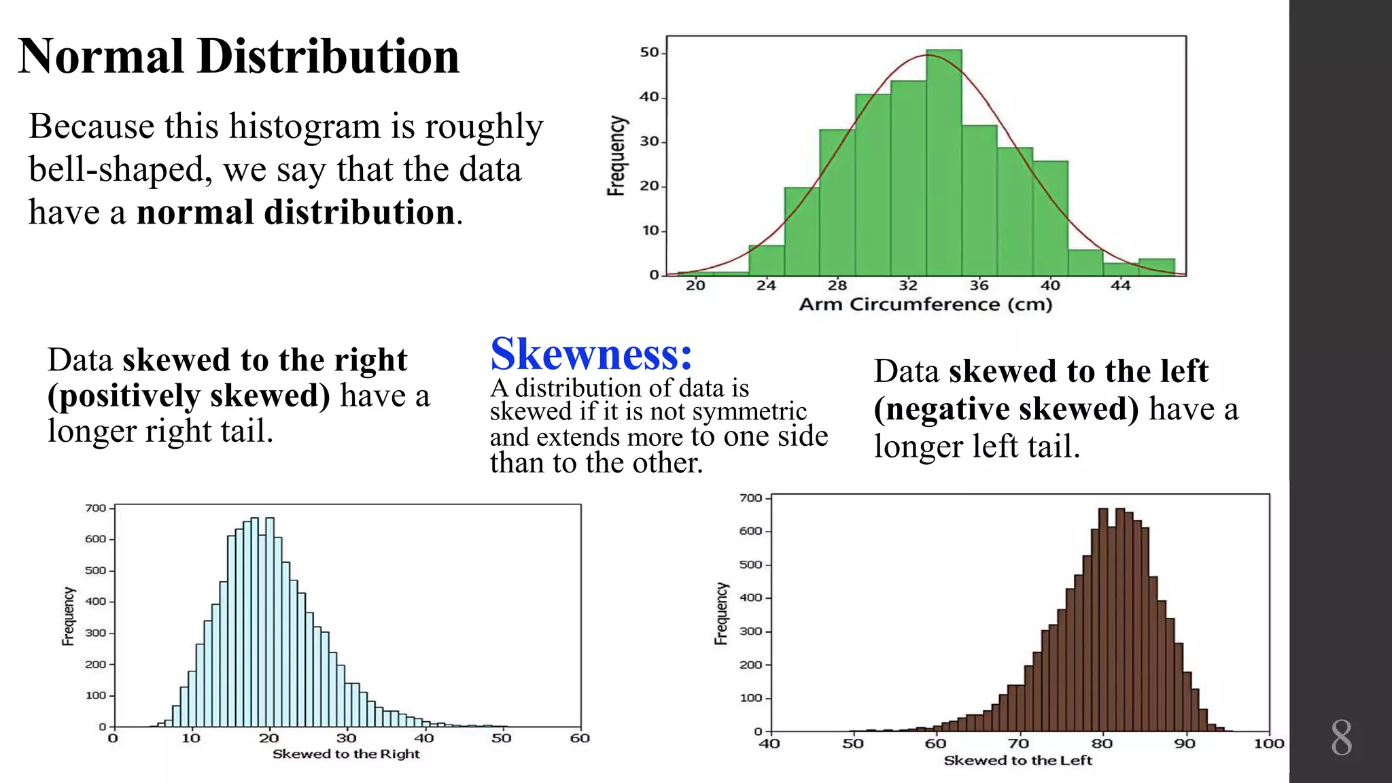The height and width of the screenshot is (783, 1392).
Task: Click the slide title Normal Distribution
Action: pos(239,56)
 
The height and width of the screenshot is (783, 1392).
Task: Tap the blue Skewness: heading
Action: pos(591,354)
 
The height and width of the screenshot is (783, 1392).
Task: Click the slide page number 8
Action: pos(1341,738)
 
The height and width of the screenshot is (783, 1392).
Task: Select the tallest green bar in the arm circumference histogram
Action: pos(943,163)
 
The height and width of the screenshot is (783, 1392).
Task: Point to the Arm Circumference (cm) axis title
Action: pos(925,304)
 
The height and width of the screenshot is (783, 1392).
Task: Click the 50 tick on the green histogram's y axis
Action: pos(649,52)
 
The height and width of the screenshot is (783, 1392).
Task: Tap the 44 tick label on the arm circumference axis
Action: pos(1120,285)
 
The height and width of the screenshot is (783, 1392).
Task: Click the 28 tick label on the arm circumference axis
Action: pos(837,285)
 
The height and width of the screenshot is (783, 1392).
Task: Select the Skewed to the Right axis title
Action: pos(346,754)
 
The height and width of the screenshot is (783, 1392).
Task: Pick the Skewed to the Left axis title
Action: pos(1017,761)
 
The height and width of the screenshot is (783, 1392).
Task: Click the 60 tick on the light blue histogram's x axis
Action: pos(579,738)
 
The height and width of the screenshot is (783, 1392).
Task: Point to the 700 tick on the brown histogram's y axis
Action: pos(750,498)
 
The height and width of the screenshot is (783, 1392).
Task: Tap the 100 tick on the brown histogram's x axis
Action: pos(1268,744)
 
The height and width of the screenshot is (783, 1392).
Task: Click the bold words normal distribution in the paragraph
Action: pos(296,212)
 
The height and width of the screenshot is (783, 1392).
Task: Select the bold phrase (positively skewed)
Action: pos(189,396)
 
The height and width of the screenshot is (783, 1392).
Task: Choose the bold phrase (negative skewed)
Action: pos(1006,409)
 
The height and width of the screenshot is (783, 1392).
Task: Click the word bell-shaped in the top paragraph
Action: pos(116,170)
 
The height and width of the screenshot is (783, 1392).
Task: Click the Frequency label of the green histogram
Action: pos(616,156)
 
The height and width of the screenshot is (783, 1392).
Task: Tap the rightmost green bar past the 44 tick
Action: pos(1156,267)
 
